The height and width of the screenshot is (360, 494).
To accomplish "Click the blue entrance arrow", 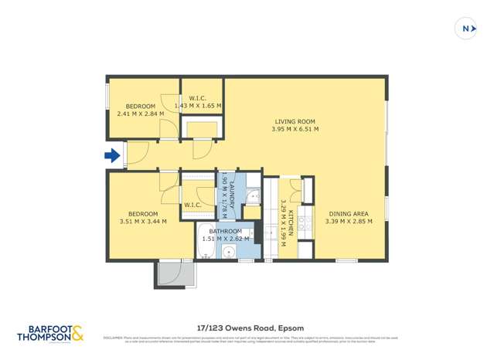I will (113, 156).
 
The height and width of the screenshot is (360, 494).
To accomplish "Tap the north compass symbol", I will (467, 29).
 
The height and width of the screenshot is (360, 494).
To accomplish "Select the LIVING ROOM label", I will (295, 121).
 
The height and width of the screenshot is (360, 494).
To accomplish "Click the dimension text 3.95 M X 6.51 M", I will (295, 130).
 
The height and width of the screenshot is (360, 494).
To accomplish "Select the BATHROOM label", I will (223, 231).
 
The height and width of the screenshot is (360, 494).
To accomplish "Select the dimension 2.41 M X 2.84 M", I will (136, 114).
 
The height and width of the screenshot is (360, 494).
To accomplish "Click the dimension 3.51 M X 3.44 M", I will (143, 222).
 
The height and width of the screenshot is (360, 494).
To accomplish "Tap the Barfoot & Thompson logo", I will (49, 333).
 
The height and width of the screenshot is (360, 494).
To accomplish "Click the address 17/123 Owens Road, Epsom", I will (247, 328).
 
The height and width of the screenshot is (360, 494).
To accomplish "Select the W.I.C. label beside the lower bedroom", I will (193, 205).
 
